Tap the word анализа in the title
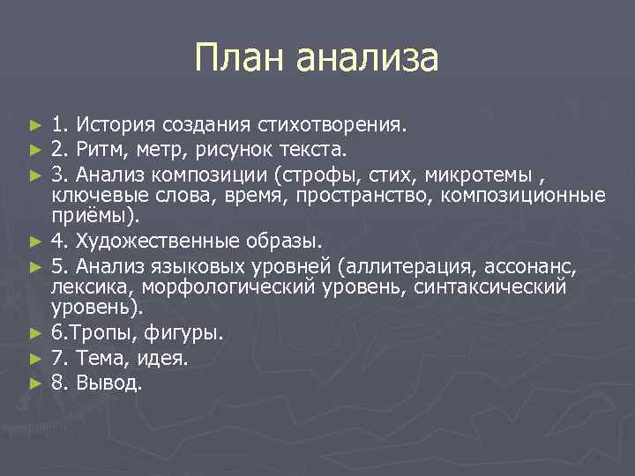(x=367, y=59)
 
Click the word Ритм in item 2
(x=104, y=145)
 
